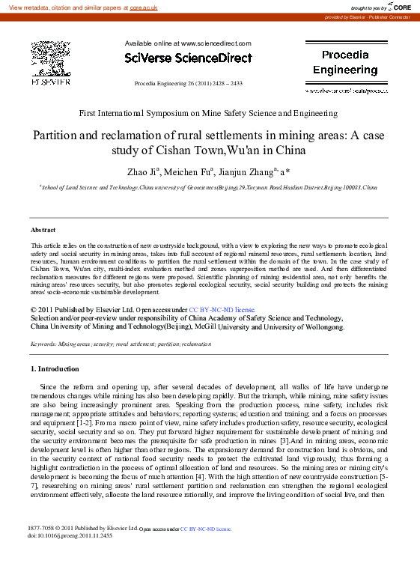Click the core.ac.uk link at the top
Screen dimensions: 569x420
143,7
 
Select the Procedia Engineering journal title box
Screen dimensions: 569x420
345,63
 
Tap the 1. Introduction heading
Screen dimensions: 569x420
55,369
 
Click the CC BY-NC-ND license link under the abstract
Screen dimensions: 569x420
222,308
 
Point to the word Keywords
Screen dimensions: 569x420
43,344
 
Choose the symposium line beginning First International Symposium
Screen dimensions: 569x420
208,114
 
